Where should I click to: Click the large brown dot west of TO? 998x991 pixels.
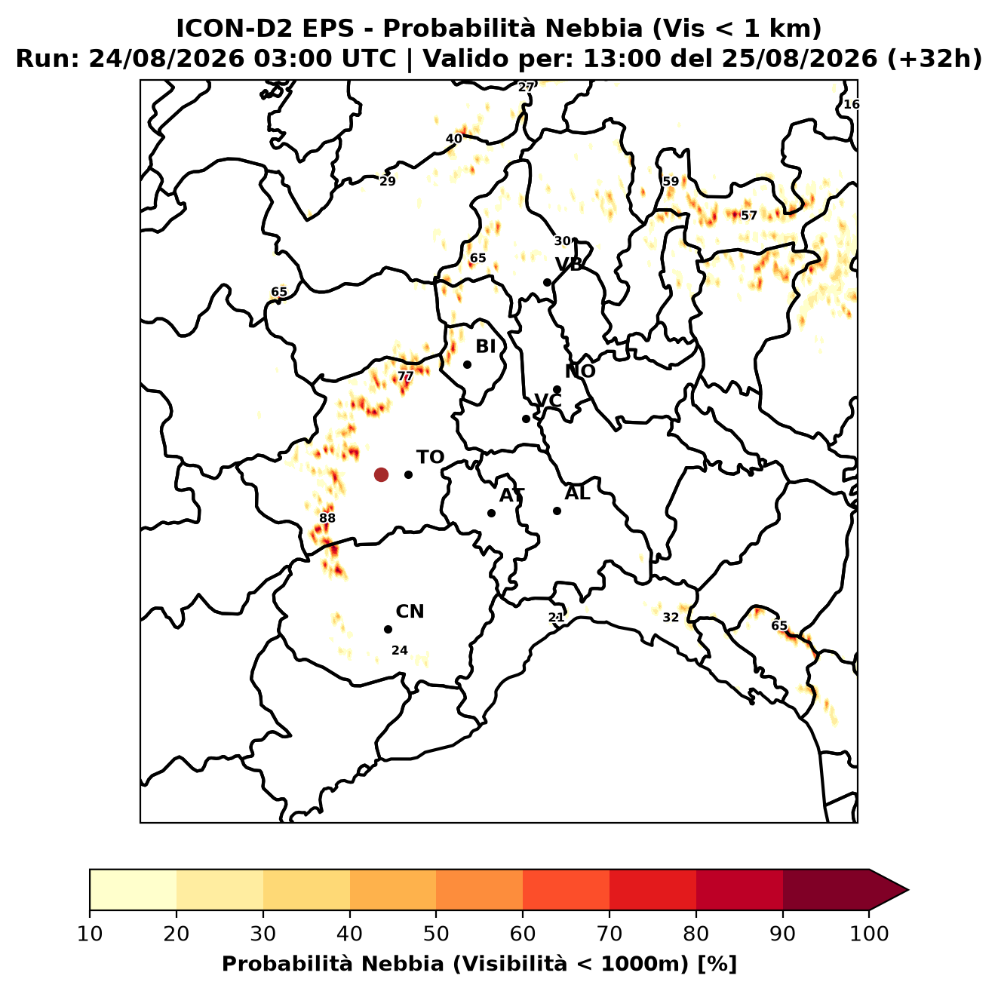[381, 474]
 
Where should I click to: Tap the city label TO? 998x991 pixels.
[431, 458]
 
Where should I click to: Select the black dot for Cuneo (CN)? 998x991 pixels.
[388, 630]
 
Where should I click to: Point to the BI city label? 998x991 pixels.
[486, 347]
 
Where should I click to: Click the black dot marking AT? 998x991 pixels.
[492, 514]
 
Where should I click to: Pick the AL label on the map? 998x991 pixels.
[578, 493]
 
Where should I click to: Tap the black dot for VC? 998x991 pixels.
[527, 419]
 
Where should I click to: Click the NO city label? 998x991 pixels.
[580, 371]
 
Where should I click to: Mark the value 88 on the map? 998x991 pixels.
[327, 518]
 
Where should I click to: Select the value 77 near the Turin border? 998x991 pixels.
[406, 376]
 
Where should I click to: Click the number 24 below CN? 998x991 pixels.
[400, 651]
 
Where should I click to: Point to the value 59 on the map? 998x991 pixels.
[671, 181]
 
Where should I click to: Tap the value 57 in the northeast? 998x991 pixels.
[749, 216]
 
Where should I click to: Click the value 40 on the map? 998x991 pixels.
[454, 139]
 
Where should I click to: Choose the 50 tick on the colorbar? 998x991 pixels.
[436, 934]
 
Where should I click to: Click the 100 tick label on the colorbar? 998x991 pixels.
[869, 934]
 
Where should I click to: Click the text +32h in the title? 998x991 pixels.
[935, 59]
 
